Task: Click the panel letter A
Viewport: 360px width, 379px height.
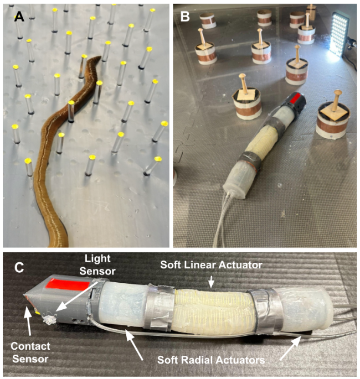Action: coord(19,17)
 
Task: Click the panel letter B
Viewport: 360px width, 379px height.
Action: coord(185,17)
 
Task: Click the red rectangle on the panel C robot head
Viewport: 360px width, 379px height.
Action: coord(69,287)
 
